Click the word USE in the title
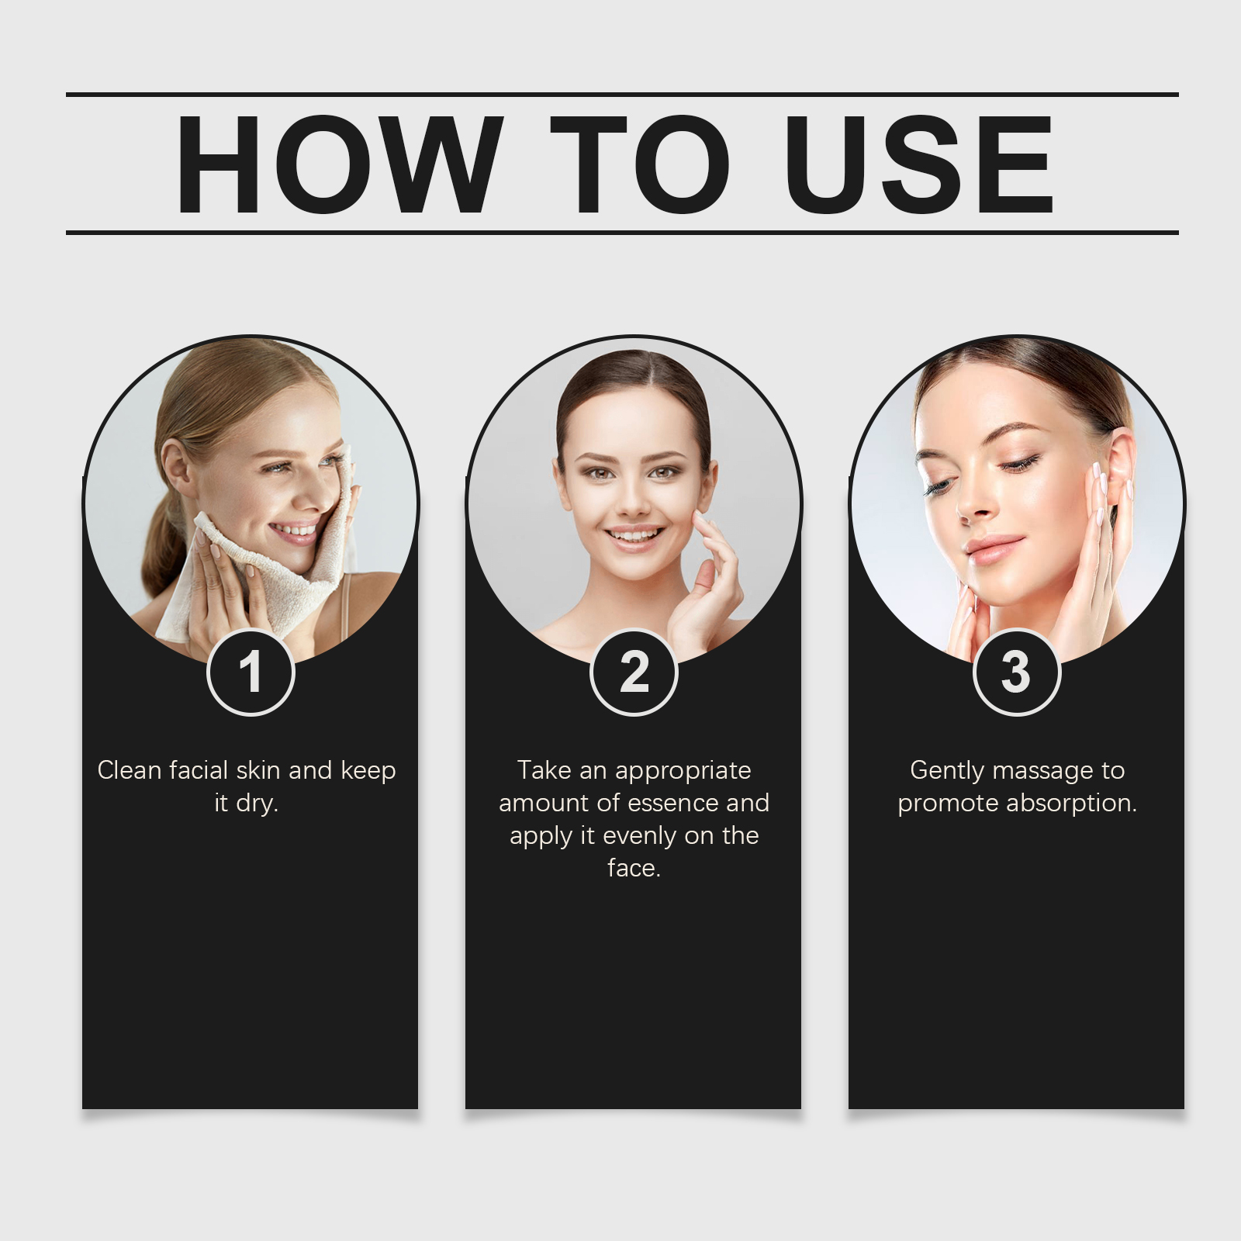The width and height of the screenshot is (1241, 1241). tap(918, 164)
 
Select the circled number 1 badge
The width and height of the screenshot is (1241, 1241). tap(251, 672)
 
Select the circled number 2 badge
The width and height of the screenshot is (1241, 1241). tap(634, 672)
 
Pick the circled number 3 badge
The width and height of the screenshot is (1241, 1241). tap(1016, 672)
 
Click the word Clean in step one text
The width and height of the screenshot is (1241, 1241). tap(130, 770)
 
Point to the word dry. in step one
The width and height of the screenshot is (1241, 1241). tap(258, 804)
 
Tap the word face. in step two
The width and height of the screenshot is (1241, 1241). tap(634, 868)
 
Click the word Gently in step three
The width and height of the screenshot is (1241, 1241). tap(947, 771)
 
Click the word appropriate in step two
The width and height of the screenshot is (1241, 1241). tap(683, 771)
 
